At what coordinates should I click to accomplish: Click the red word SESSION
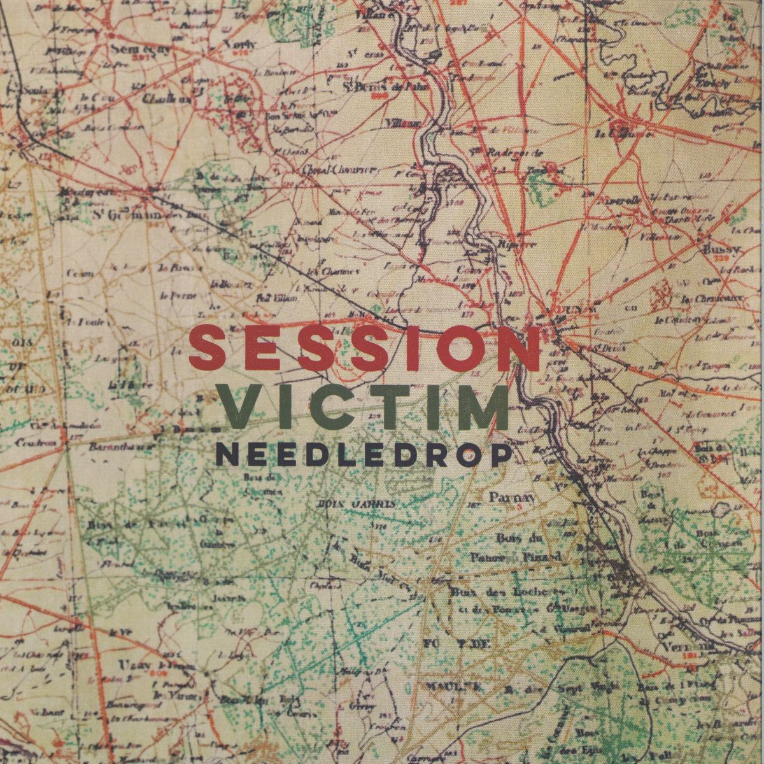364,348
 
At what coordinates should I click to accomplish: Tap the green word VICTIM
364,406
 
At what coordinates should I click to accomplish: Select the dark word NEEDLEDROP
364,454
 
